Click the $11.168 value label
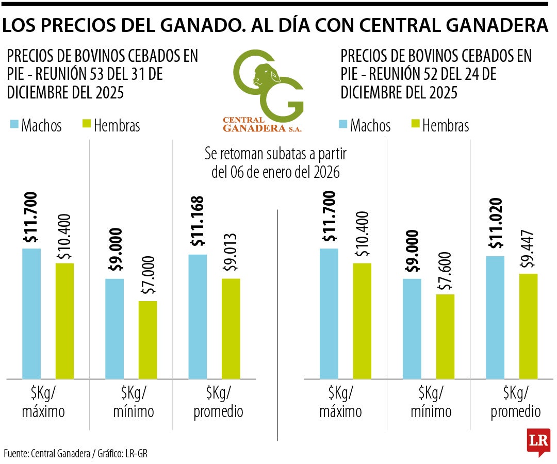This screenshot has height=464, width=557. [197, 222]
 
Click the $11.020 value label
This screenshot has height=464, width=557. [494, 223]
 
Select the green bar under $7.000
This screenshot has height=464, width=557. [148, 340]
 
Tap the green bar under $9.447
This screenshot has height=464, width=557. [528, 326]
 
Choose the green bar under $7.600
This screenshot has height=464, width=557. [445, 337]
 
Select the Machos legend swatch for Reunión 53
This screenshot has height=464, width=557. [14, 125]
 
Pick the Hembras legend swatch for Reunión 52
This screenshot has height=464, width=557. [415, 125]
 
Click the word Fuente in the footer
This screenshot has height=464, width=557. [15, 454]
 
